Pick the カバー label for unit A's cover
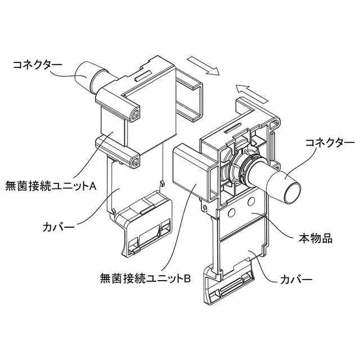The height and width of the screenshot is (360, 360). tap(61, 228)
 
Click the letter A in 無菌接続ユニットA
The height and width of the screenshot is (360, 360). tap(94, 184)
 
